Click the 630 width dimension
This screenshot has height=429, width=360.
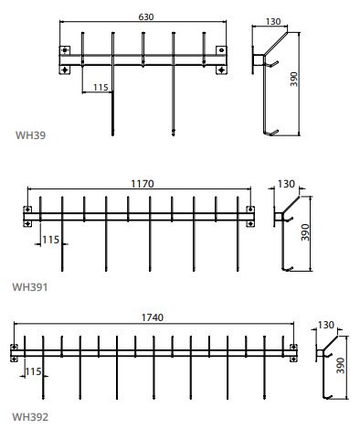(x=146, y=17)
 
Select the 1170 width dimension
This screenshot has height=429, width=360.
(x=143, y=184)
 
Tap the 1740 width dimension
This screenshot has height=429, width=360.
(x=153, y=317)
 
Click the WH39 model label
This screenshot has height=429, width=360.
(x=30, y=135)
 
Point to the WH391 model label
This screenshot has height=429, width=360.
(x=30, y=287)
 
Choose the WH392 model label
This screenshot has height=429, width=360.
(x=30, y=417)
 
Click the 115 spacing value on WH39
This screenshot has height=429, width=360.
(x=101, y=88)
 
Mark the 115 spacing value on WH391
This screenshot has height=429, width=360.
(x=50, y=240)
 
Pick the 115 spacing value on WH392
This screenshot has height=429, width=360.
(x=33, y=371)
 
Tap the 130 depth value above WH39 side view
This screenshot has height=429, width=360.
(x=273, y=22)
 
